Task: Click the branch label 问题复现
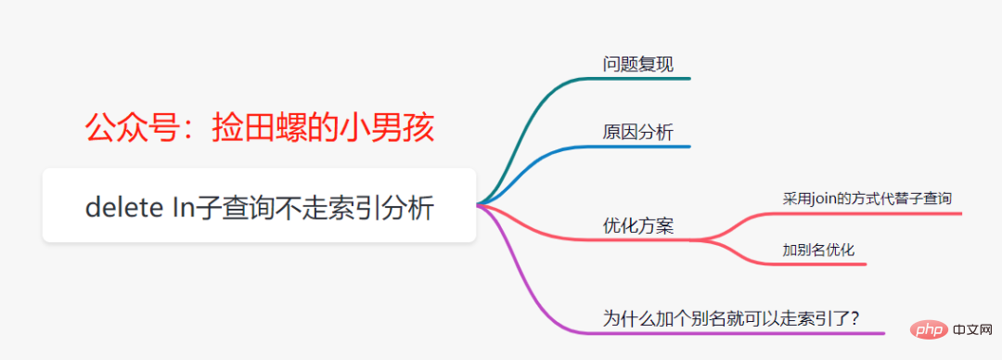[637, 64]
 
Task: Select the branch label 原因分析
[637, 133]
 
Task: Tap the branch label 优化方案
[637, 225]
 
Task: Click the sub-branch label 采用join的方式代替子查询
[867, 199]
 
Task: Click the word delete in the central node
[122, 207]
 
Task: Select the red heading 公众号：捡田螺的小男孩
[260, 129]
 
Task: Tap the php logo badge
[925, 330]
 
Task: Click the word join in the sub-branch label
[821, 199]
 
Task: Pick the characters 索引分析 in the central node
[383, 207]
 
